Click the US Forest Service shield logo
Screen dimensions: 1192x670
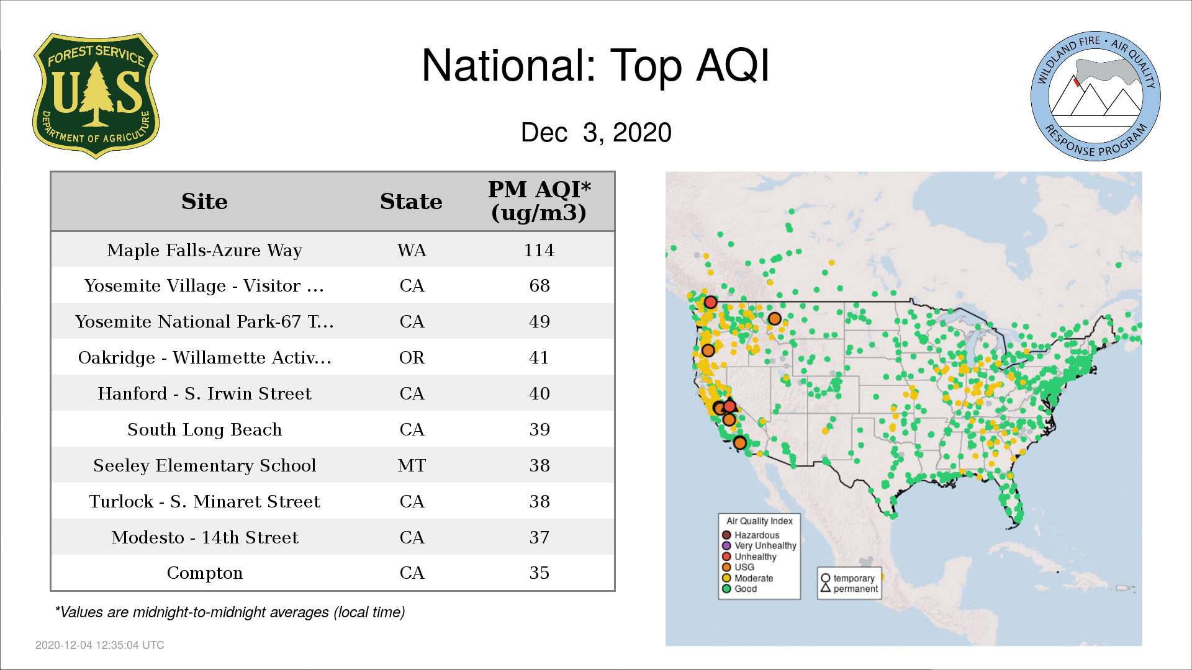[x=96, y=96]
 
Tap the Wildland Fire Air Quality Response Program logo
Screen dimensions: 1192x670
[x=1096, y=96]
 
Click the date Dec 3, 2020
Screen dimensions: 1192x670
[x=596, y=133]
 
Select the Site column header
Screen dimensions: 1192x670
[x=204, y=202]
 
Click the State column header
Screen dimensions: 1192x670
[x=411, y=202]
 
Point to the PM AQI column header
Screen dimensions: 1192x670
[x=539, y=201]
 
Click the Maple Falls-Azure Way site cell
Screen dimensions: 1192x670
[x=204, y=250]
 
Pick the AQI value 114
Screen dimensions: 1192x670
[x=539, y=250]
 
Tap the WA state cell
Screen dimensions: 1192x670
[x=412, y=250]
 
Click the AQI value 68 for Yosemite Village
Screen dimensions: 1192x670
[x=539, y=285]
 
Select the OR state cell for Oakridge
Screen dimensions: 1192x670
[x=412, y=357]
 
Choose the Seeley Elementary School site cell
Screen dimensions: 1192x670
[x=204, y=465]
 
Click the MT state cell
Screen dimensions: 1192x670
[x=412, y=465]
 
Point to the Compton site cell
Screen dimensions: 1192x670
[x=204, y=573]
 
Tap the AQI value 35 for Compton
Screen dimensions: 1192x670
[x=539, y=573]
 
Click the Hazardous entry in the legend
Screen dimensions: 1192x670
[x=751, y=535]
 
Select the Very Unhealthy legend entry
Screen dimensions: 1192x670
[x=759, y=546]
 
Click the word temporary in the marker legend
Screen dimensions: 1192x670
[x=854, y=578]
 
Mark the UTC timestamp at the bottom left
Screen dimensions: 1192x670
[x=100, y=645]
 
